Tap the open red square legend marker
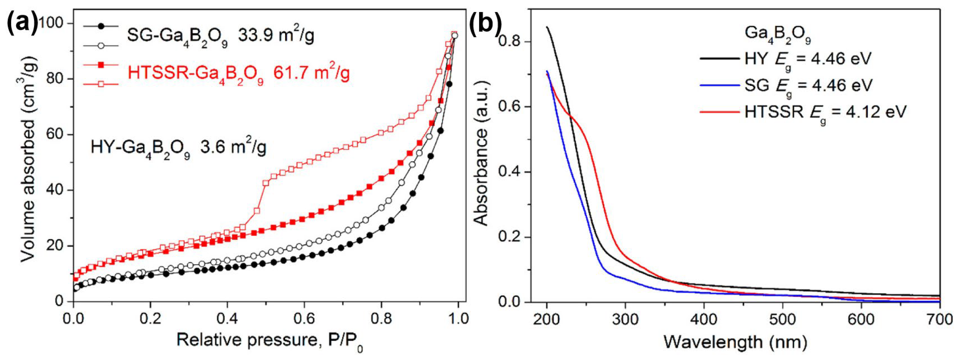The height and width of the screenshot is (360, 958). [x=100, y=84]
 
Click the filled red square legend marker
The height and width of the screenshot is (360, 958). [x=100, y=65]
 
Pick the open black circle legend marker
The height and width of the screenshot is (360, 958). [x=100, y=46]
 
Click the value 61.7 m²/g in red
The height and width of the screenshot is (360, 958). [x=312, y=73]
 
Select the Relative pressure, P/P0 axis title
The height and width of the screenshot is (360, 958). [x=270, y=341]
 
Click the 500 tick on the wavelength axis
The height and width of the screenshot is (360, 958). [x=783, y=319]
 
